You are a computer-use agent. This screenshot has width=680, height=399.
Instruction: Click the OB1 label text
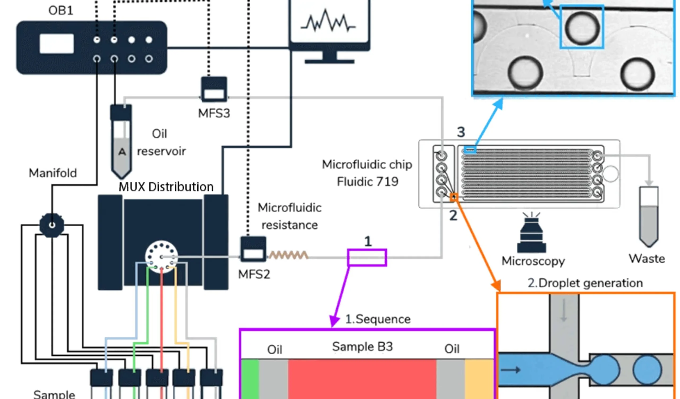tap(61, 11)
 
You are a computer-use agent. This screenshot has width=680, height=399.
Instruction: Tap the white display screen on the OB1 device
tap(57, 44)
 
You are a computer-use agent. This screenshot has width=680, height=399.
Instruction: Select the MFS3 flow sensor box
tap(214, 89)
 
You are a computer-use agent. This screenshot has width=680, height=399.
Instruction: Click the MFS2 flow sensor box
tap(253, 249)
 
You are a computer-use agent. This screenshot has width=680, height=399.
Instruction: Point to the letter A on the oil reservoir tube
tap(122, 152)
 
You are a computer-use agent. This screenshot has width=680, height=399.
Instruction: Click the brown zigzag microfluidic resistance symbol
tap(288, 255)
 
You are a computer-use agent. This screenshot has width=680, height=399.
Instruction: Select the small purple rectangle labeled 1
tap(367, 257)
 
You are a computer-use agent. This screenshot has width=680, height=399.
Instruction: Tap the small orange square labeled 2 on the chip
tap(454, 197)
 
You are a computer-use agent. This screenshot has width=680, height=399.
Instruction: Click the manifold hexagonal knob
tap(52, 225)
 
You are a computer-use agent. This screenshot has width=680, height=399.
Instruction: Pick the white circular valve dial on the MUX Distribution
tap(161, 257)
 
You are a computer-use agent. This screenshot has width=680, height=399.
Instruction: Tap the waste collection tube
tap(649, 216)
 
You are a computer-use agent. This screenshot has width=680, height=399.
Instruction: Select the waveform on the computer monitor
tap(328, 22)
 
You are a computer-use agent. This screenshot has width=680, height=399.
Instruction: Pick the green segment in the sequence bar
tap(250, 378)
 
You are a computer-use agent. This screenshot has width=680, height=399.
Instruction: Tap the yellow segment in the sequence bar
tap(479, 378)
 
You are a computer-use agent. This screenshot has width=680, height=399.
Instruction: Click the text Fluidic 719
tap(368, 181)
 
